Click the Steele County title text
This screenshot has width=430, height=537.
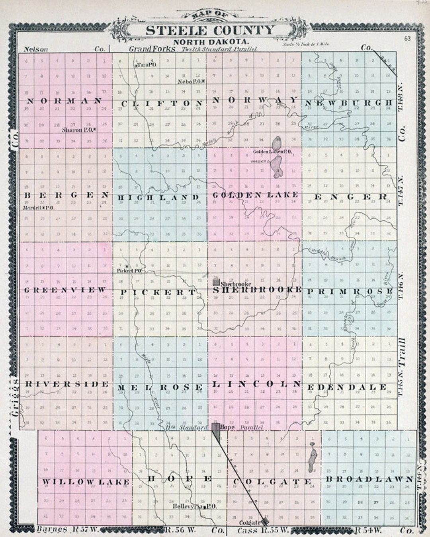coord(210,30)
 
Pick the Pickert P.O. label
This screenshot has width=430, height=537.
coord(129,270)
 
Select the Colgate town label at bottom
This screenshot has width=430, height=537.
coord(250,522)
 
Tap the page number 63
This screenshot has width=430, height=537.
coord(407,39)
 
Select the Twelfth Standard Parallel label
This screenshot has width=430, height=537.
coord(219,49)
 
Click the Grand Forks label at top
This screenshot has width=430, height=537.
coord(152,49)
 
